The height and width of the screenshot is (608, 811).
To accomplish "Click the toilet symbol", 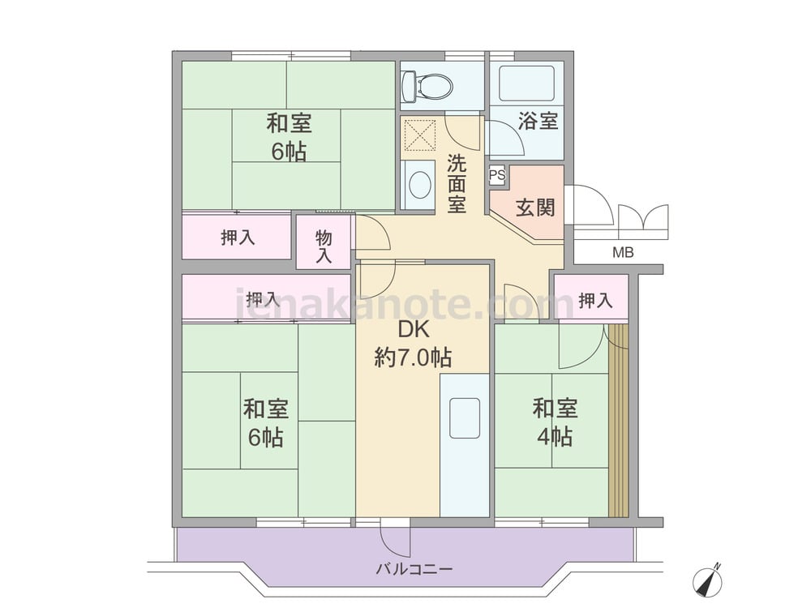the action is [427, 85].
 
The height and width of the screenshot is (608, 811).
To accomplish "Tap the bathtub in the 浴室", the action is [526, 83].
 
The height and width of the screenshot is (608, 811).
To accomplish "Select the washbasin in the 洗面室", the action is [419, 184].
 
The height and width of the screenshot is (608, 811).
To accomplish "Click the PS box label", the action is [497, 175].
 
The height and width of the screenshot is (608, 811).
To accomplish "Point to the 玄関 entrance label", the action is [535, 208].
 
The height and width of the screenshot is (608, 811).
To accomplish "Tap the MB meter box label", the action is [623, 253].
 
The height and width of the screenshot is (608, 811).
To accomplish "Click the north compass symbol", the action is [707, 580].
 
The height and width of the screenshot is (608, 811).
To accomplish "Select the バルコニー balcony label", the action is [414, 570].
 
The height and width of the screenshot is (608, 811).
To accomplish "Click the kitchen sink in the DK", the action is [465, 417].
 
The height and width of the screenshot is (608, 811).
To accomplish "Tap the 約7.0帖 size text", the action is [413, 358].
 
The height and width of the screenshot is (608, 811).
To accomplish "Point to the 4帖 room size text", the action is [555, 438].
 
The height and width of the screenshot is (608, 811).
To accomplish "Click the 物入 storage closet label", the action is [324, 246].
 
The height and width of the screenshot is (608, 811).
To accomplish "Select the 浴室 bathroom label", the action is [538, 121].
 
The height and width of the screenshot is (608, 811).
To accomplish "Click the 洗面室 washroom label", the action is [457, 184].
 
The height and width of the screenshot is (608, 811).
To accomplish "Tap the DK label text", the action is [414, 329].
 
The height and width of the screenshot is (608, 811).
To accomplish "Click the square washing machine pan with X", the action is [419, 134].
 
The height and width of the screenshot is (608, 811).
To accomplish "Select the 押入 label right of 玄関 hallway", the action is [595, 300].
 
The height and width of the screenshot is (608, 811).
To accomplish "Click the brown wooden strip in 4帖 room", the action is [617, 420].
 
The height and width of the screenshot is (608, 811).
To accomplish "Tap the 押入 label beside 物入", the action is [238, 238].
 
